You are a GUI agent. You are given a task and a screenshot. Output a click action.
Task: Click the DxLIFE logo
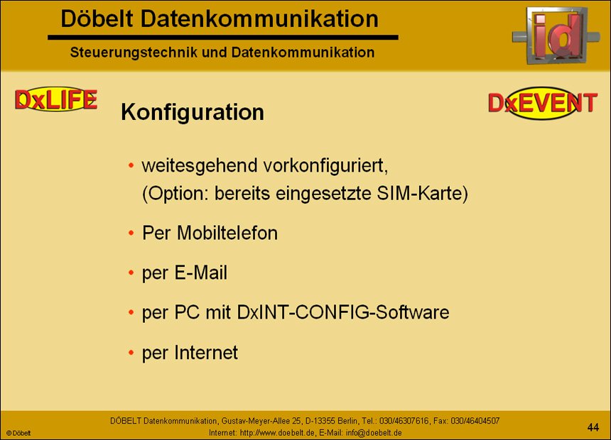[x=55, y=100]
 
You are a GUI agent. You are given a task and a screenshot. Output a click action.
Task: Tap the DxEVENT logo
[x=543, y=104]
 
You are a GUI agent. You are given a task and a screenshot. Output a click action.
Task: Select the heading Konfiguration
[x=193, y=112]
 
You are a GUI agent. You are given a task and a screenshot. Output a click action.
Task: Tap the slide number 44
[x=593, y=427]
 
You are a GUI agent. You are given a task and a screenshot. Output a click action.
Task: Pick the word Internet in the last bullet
[x=206, y=352]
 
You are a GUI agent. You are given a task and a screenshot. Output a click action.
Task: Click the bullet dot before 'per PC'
[x=131, y=313]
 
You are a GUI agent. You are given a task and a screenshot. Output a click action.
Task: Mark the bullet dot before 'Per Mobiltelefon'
[x=131, y=233]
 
